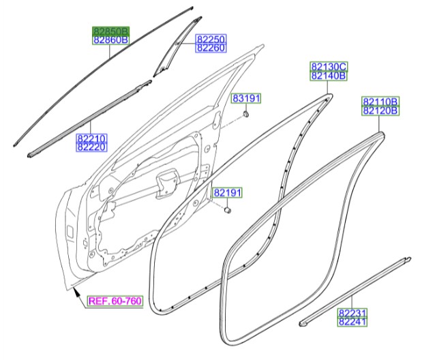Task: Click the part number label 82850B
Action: pyautogui.click(x=111, y=31)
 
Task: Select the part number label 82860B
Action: pyautogui.click(x=111, y=40)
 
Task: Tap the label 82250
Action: pyautogui.click(x=211, y=40)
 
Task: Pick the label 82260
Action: pyautogui.click(x=211, y=48)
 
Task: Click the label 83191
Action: pyautogui.click(x=246, y=99)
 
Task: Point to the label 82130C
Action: pyautogui.click(x=329, y=66)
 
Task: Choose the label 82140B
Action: pyautogui.click(x=329, y=76)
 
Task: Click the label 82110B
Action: pyautogui.click(x=380, y=101)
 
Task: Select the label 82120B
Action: pyautogui.click(x=380, y=110)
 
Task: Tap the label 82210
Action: pyautogui.click(x=91, y=138)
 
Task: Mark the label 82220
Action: pyautogui.click(x=91, y=147)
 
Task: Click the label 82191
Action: pyautogui.click(x=227, y=194)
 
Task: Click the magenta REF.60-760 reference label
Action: pyautogui.click(x=114, y=300)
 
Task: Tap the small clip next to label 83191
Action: pyautogui.click(x=245, y=114)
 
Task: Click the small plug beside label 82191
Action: pyautogui.click(x=228, y=211)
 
